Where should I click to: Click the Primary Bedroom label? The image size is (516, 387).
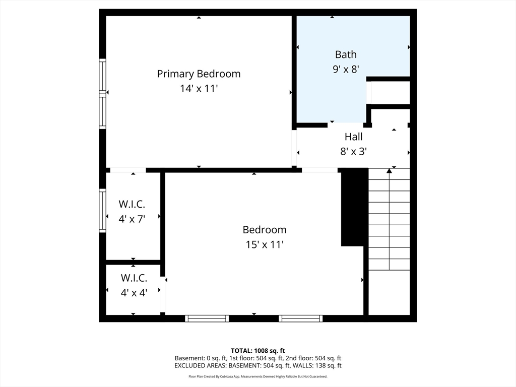199,74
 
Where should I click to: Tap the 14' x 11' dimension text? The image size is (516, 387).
199,89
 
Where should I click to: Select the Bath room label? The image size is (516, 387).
346,54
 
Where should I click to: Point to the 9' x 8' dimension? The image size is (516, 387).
346,69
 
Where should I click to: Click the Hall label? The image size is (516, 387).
353,137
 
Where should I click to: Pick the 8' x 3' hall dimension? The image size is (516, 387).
353,151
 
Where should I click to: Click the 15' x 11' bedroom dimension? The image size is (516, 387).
265,244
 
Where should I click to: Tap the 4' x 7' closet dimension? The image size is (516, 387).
132,219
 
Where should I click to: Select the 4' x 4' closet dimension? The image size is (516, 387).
134,293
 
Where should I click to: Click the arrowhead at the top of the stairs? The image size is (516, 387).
390,171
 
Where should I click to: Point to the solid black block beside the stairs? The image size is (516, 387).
354,207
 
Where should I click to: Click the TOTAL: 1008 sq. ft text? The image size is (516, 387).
257,351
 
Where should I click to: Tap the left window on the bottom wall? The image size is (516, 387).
207,318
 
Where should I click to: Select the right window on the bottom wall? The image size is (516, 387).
301,318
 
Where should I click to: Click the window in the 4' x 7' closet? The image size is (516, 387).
103,211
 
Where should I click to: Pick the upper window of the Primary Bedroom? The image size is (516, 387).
103,77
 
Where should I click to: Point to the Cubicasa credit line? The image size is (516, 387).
257,376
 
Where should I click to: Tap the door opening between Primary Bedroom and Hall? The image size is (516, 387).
294,148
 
